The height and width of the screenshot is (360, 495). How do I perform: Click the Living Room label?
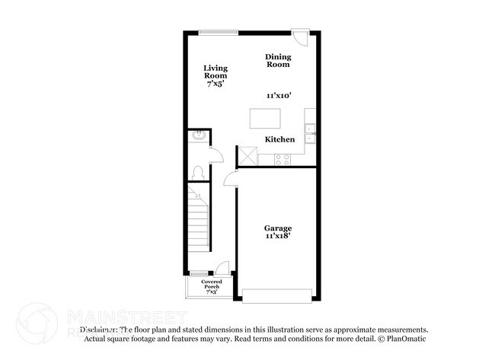click(216, 72)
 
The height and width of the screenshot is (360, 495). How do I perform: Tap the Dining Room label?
click(278, 61)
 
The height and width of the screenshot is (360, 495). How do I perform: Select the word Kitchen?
click(279, 139)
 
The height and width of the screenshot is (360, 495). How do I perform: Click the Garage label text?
click(278, 228)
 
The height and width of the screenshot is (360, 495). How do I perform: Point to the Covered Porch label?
click(212, 284)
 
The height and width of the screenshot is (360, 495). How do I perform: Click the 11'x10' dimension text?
click(279, 97)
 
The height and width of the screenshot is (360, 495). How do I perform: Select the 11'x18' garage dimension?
click(278, 237)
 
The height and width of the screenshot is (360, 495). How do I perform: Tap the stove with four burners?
click(283, 159)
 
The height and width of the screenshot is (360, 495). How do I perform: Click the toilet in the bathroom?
click(197, 172)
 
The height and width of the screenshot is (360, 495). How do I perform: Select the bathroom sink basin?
click(198, 137)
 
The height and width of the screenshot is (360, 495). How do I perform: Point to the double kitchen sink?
click(311, 134)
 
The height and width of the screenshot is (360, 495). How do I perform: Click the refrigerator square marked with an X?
click(247, 156)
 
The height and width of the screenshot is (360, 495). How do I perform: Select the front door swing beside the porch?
click(222, 267)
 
